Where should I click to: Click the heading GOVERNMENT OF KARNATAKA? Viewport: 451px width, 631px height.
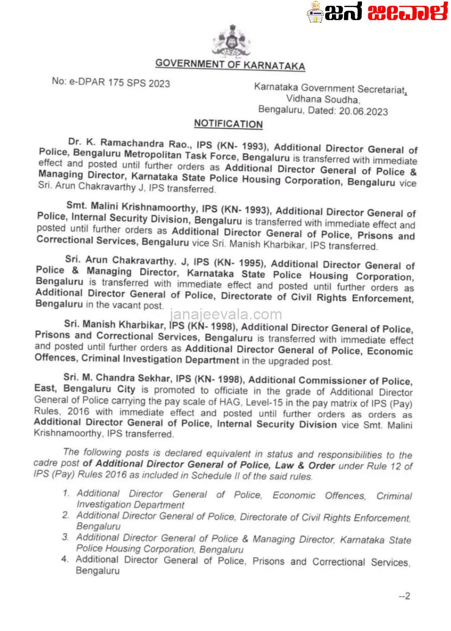[x=230, y=64]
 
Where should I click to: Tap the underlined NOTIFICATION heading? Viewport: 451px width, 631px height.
[x=228, y=124]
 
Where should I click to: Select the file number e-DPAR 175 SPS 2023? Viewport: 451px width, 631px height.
[x=111, y=82]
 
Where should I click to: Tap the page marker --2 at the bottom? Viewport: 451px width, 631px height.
[x=404, y=596]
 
